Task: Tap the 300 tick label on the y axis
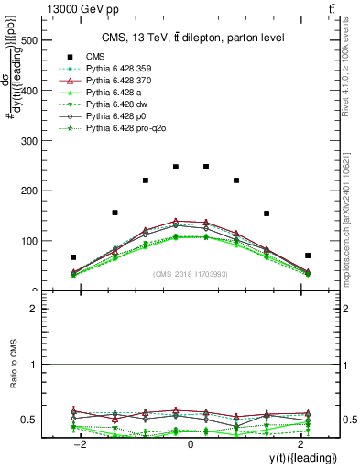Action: coord(28,141)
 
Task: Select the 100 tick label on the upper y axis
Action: coord(28,241)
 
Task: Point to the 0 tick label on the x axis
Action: coord(191,444)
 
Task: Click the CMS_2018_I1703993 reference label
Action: coord(191,275)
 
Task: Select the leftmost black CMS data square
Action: coord(73,257)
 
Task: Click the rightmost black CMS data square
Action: coord(308,256)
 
